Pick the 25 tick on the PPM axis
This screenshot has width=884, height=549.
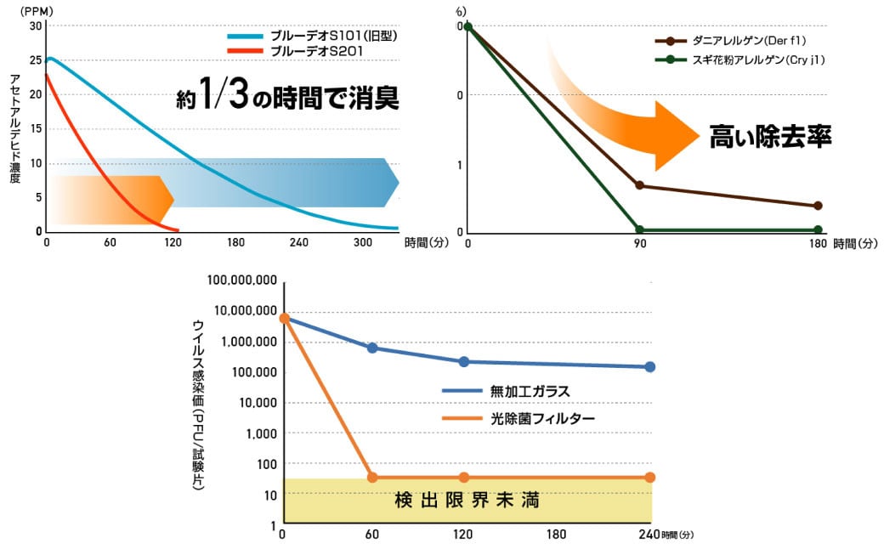36,59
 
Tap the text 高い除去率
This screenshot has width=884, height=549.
770,135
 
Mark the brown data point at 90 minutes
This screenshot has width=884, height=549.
639,185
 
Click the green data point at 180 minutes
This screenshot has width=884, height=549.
818,229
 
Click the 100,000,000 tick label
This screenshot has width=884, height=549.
241,280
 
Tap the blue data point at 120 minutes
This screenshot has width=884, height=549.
463,361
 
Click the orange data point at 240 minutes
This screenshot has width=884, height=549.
650,477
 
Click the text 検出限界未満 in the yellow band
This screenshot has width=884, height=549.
467,501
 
